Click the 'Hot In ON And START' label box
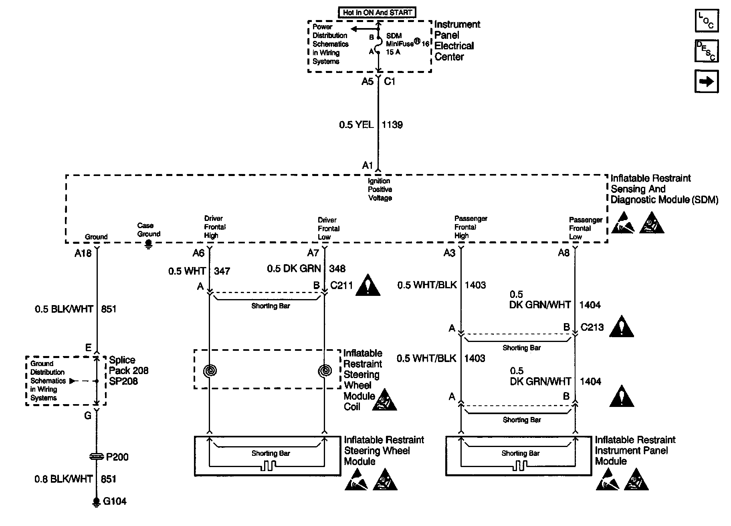click(x=377, y=12)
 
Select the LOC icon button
click(x=707, y=20)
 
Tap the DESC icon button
click(x=707, y=51)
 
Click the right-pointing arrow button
click(x=707, y=81)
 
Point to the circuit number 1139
click(x=392, y=125)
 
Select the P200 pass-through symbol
click(x=96, y=456)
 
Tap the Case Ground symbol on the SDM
click(x=149, y=244)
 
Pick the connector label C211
click(x=341, y=285)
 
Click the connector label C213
click(x=592, y=327)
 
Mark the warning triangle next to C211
click(x=368, y=285)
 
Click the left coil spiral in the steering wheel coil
click(x=210, y=370)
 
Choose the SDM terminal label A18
click(x=83, y=253)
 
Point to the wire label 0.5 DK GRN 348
click(x=306, y=269)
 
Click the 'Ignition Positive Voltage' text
click(x=380, y=189)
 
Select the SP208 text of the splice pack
click(x=123, y=381)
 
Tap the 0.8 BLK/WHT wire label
click(x=63, y=479)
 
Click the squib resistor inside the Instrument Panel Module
click(x=520, y=465)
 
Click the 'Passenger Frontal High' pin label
click(x=471, y=227)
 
